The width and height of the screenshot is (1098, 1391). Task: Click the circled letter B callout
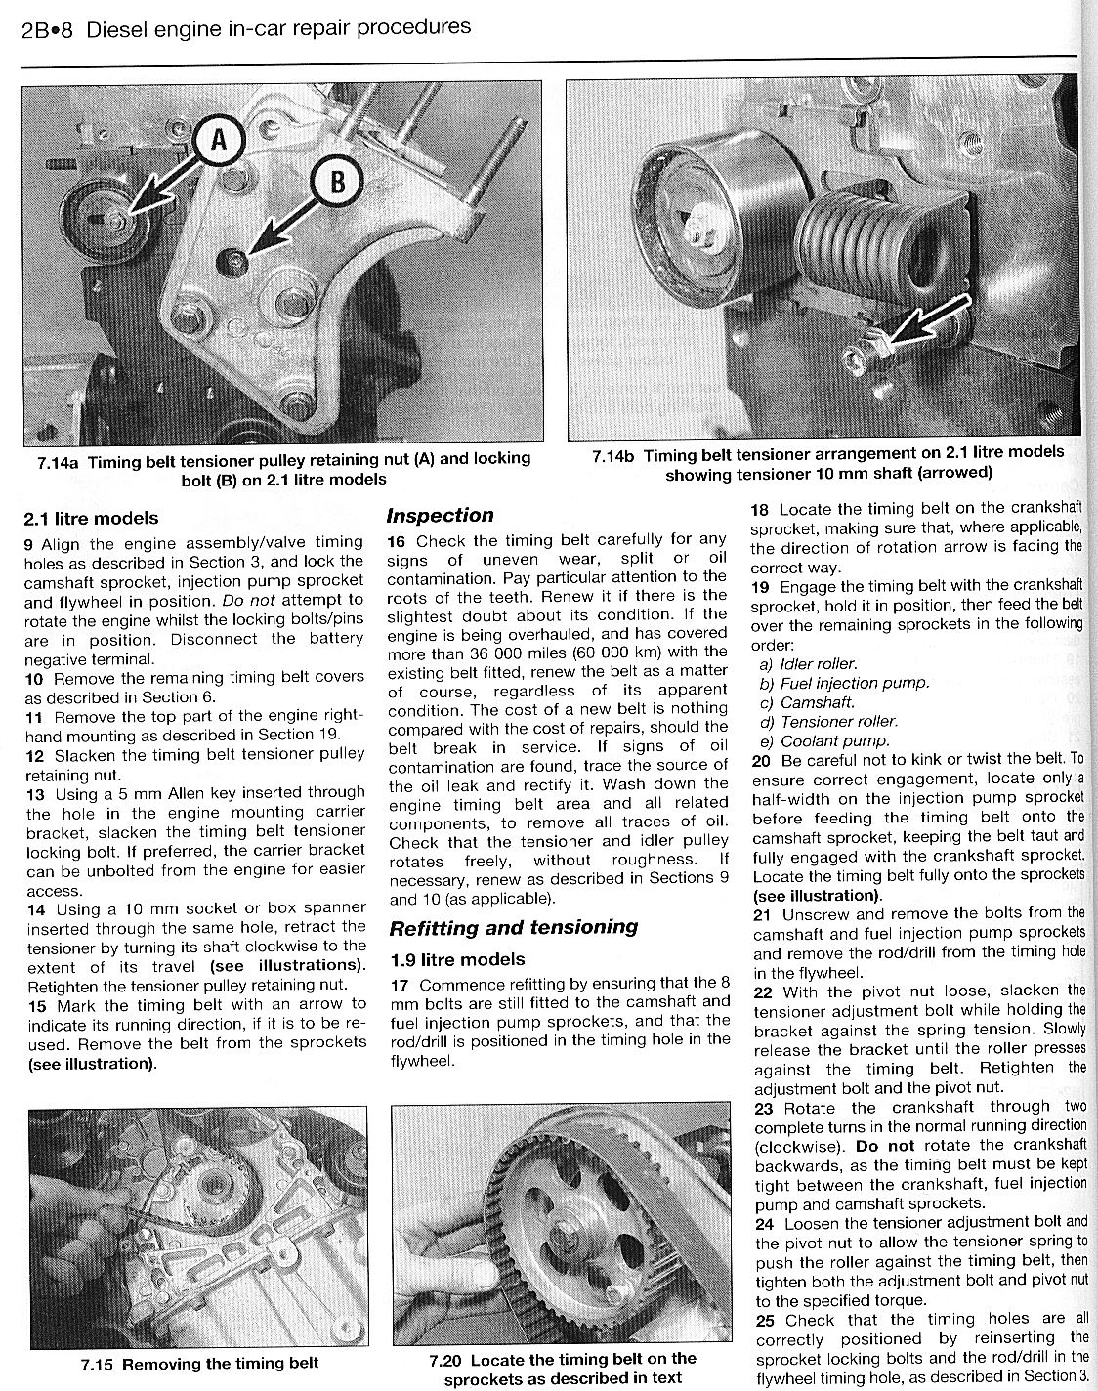pos(337,183)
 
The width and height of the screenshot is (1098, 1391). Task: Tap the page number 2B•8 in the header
pos(47,28)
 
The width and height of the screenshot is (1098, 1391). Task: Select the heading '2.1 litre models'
pos(90,519)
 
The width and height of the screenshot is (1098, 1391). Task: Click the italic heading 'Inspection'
pos(441,515)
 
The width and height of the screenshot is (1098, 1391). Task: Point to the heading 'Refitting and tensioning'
pos(513,927)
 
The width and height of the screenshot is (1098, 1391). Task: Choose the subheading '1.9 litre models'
pos(456,959)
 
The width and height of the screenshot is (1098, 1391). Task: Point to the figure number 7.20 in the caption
pos(447,1360)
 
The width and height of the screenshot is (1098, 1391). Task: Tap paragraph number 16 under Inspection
pos(397,540)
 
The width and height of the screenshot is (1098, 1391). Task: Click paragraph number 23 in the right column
pos(764,1108)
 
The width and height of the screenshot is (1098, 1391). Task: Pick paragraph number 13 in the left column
pos(34,793)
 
